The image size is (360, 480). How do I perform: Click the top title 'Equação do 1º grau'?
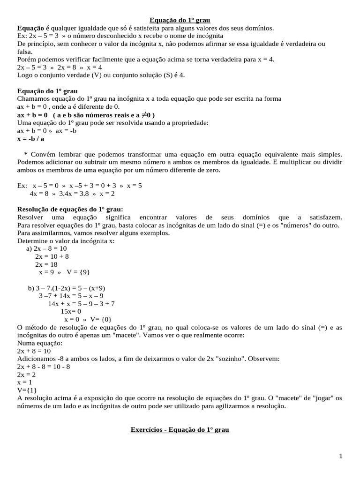(x=180, y=20)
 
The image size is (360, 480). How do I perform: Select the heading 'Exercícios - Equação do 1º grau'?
(x=180, y=429)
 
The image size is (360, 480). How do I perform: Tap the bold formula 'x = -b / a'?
(x=31, y=139)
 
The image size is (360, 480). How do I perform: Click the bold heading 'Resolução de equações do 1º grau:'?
(x=70, y=209)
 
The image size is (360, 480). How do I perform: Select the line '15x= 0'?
(x=71, y=311)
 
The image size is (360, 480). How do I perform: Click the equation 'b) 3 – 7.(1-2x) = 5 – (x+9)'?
(x=66, y=288)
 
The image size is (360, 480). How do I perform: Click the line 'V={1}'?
(x=27, y=390)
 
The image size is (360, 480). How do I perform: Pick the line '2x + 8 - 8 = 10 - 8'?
(x=44, y=366)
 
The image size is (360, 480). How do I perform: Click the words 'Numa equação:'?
(x=39, y=343)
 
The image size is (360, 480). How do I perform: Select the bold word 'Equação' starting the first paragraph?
(x=30, y=28)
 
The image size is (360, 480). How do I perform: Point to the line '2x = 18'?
(x=46, y=264)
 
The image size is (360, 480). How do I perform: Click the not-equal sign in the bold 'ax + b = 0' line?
(x=144, y=115)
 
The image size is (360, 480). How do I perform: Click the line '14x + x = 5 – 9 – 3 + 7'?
(x=82, y=303)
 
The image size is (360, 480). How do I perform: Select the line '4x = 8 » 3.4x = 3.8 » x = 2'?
(x=72, y=193)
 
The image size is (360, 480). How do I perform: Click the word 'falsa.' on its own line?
(x=25, y=52)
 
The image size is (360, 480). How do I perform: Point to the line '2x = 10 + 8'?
(x=52, y=256)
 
